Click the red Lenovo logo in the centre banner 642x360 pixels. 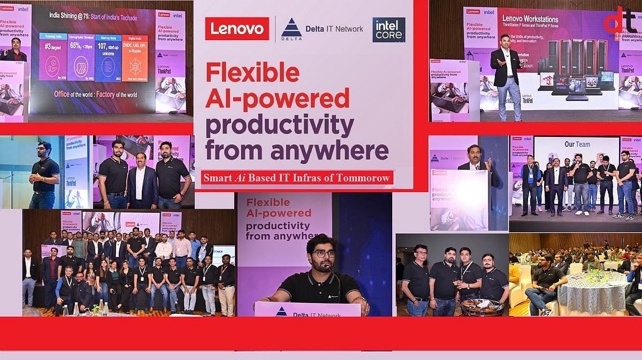[237, 28]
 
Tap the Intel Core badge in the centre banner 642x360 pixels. [389, 29]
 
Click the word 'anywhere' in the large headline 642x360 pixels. [330, 151]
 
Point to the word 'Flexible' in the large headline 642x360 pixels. [253, 72]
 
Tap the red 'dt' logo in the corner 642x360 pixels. [621, 21]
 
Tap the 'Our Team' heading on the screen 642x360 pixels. [577, 144]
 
